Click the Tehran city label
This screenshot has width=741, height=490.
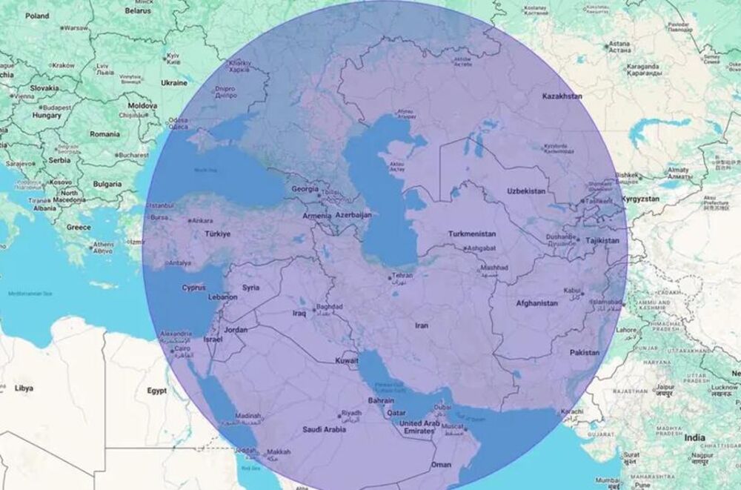coord(402,276)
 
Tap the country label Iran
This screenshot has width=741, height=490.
coord(422,325)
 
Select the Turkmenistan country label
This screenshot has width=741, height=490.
coord(476,234)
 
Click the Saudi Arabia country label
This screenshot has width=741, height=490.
coord(324,429)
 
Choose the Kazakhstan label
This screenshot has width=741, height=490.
coord(562,96)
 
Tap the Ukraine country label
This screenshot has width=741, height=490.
coord(174,83)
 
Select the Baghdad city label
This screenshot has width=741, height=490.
coord(329,305)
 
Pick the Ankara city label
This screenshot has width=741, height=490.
coord(202,220)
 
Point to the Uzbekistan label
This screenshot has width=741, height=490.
coord(526,191)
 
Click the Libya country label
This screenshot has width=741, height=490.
coord(24,388)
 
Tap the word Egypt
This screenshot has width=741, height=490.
coord(156,389)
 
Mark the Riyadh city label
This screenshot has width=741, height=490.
coord(351,414)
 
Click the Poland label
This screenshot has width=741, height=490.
coord(37,16)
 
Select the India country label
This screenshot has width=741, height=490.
coord(695,437)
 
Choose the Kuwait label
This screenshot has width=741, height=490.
coord(347,360)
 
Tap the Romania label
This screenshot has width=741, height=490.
coord(104,134)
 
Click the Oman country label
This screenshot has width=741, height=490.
coord(441,464)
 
